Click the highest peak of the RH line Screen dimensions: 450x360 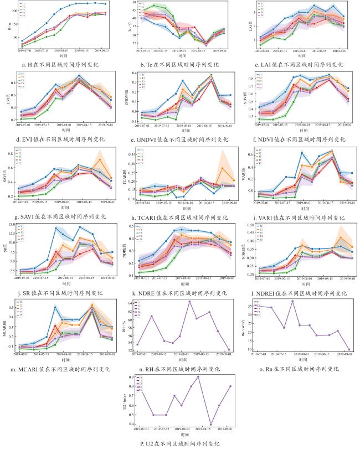coord(189,302)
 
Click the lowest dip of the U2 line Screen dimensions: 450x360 coord(210,425)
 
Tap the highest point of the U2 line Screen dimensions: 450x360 coord(198,377)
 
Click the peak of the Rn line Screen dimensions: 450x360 coord(292,301)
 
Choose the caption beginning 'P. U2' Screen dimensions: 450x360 coord(180,443)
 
